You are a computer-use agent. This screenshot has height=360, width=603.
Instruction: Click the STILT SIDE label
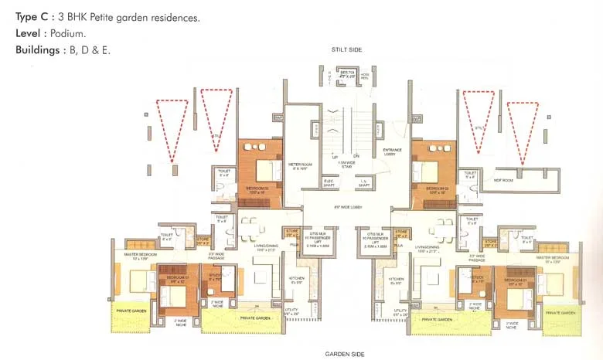(346, 49)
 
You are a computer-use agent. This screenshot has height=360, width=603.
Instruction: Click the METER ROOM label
(299, 165)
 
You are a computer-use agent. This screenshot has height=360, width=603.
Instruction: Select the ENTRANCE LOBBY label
(388, 151)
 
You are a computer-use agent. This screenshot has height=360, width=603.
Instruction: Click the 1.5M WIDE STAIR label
(346, 165)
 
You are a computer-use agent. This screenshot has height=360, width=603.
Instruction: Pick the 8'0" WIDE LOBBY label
(346, 207)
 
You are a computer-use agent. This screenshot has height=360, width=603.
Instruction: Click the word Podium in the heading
(66, 33)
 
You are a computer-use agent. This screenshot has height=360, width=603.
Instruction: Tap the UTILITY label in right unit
(400, 311)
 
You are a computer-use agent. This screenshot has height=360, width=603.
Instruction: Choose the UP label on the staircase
(336, 156)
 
